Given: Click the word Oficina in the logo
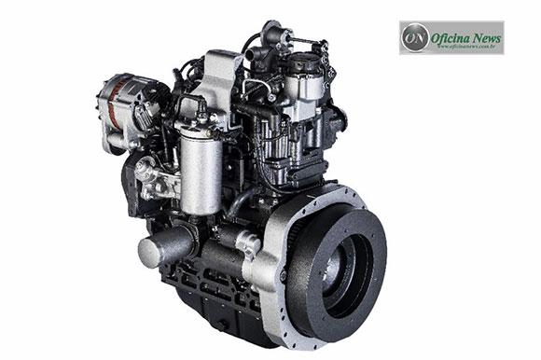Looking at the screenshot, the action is (451, 37).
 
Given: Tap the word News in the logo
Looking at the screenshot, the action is (487, 37).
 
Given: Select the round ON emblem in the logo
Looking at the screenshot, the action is (414, 37).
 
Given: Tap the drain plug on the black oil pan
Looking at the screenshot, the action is (223, 325).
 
